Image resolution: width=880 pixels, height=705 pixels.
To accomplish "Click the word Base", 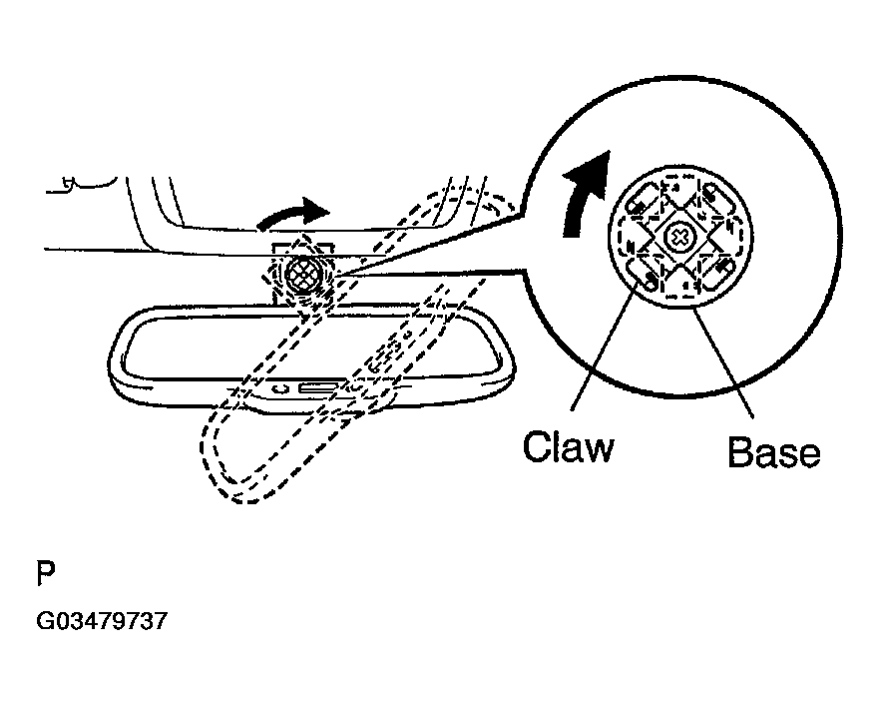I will [x=773, y=452].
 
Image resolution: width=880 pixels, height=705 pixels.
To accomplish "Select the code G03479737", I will [x=101, y=621].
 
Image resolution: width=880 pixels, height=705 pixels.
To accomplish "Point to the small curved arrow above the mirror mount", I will [x=292, y=213].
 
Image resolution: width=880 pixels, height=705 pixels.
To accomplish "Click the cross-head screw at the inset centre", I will [x=678, y=238].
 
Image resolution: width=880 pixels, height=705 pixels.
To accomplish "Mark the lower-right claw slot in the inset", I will [x=718, y=273].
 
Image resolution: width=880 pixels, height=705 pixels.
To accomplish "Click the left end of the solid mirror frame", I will [x=118, y=354].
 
